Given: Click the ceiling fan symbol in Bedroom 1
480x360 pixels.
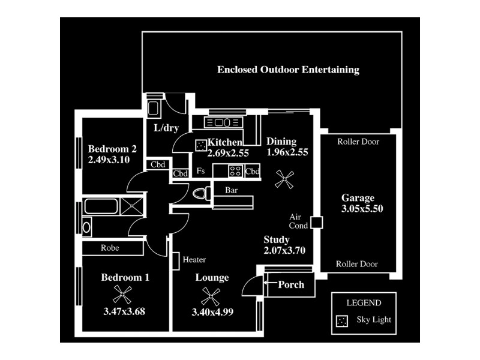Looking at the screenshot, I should (122, 294).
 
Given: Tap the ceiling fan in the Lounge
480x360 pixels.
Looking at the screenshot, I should (210, 295).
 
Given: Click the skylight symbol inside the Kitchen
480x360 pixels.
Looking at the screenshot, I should (200, 146).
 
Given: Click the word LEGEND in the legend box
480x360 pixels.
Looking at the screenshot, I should (364, 303).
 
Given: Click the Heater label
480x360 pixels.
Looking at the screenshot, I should (194, 260).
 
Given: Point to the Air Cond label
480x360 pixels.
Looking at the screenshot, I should (298, 221).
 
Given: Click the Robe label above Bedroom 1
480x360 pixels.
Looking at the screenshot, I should (110, 247).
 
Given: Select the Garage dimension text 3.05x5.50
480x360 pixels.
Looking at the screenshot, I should (362, 209).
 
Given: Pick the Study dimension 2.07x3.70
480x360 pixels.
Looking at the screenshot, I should (284, 250).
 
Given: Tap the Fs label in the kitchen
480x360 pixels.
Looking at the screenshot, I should (201, 170).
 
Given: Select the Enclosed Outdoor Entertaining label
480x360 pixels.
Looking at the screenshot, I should (288, 70).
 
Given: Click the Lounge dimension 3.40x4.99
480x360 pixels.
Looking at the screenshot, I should (212, 312).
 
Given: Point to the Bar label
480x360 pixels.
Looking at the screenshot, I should (232, 190).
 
